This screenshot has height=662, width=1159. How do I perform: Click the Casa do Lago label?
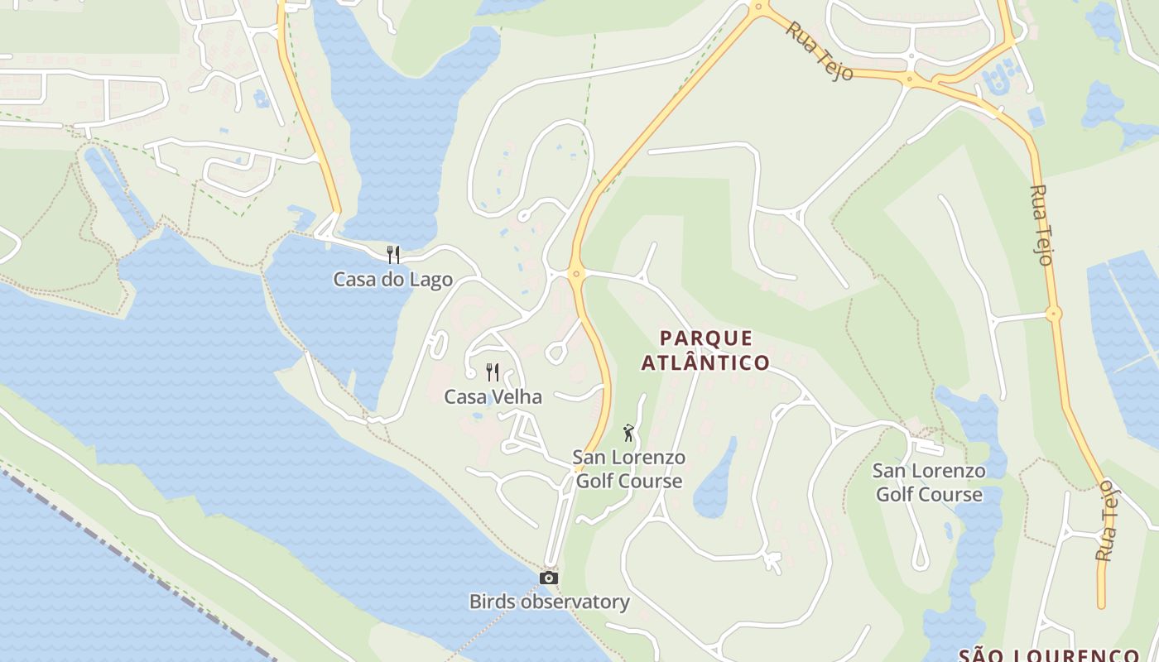pos(392,280)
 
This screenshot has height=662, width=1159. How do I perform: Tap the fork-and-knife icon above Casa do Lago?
pos(393,254)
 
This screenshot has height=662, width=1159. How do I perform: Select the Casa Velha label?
pos(493,397)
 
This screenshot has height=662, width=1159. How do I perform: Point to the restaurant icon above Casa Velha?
pos(493,372)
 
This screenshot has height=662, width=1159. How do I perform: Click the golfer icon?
pos(628,433)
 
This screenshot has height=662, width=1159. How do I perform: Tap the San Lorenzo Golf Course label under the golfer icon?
pos(629,469)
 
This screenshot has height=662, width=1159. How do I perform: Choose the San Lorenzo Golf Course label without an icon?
pos(929,483)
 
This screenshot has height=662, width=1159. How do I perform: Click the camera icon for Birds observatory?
pos(548,578)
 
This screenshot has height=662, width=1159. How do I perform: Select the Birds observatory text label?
pos(549,602)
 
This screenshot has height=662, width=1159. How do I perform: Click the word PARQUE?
pos(706,338)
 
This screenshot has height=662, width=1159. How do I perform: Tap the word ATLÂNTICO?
pos(705,362)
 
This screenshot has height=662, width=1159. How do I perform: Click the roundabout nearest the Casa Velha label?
pos(577,272)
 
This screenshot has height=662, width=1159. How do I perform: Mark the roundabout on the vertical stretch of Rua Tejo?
pos(1053,314)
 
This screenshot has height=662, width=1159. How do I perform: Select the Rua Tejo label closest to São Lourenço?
pos(1106,521)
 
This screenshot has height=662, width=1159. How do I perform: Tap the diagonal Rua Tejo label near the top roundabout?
pos(819,50)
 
